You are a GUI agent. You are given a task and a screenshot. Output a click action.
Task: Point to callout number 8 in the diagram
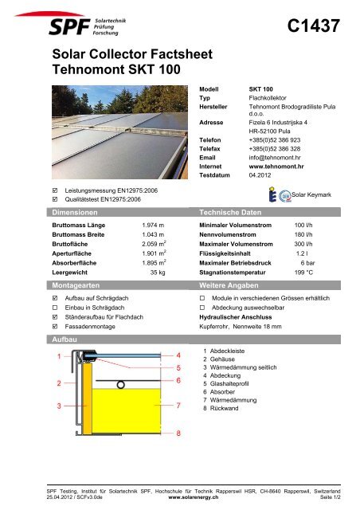pyautogui.click(x=178, y=433)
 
